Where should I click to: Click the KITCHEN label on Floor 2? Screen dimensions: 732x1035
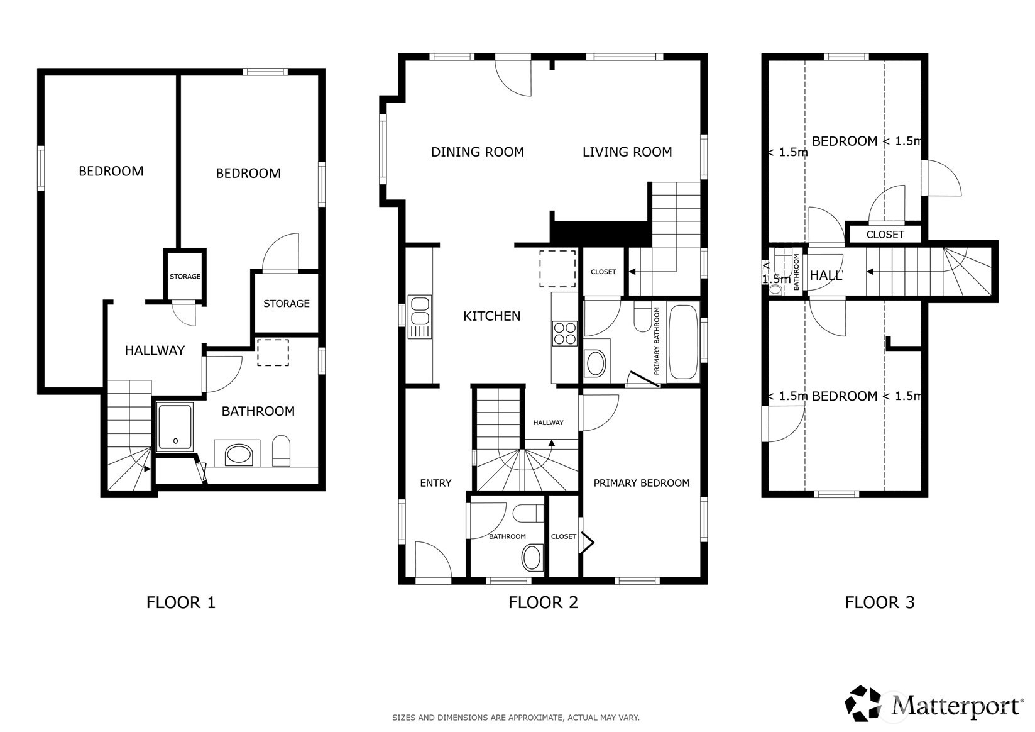tap(491, 316)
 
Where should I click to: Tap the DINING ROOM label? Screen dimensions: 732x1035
tap(477, 152)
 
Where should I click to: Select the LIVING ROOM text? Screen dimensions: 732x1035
tap(627, 152)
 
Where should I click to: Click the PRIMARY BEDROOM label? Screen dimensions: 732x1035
tap(641, 483)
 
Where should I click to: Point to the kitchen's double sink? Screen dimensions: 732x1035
tap(419, 316)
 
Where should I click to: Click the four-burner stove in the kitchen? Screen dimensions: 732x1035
tap(564, 333)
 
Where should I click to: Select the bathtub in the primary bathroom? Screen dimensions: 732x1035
tap(682, 341)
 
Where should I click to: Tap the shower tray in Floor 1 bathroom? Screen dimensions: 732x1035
tap(175, 428)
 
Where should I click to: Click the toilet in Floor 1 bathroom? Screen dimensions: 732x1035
tap(282, 451)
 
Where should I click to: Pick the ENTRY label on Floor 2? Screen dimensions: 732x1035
tap(435, 483)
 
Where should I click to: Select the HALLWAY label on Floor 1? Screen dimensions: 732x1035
tap(155, 350)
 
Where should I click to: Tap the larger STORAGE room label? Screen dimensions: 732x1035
tap(286, 303)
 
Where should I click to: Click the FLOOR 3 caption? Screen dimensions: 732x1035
tap(879, 602)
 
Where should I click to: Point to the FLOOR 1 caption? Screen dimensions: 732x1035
tap(180, 602)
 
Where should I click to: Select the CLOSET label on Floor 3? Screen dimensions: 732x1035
tap(885, 235)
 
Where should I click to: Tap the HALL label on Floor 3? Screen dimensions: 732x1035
tap(825, 275)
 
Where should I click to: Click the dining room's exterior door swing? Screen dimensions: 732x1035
tap(514, 77)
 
